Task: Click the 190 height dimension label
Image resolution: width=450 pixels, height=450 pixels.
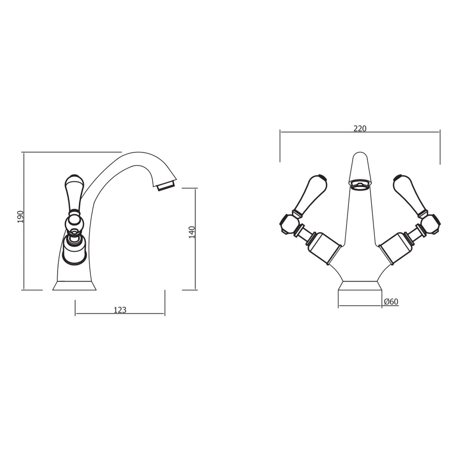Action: (x=20, y=217)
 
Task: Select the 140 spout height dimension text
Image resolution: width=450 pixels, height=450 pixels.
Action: (x=192, y=232)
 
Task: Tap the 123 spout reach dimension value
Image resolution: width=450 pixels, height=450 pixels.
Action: (x=120, y=310)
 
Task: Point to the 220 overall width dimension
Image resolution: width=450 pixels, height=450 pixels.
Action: (x=360, y=128)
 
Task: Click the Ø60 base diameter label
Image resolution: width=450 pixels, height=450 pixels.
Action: (x=391, y=301)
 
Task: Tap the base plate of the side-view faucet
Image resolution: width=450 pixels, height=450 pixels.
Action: (x=74, y=286)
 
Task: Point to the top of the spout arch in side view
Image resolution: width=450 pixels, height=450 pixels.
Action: (x=135, y=154)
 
